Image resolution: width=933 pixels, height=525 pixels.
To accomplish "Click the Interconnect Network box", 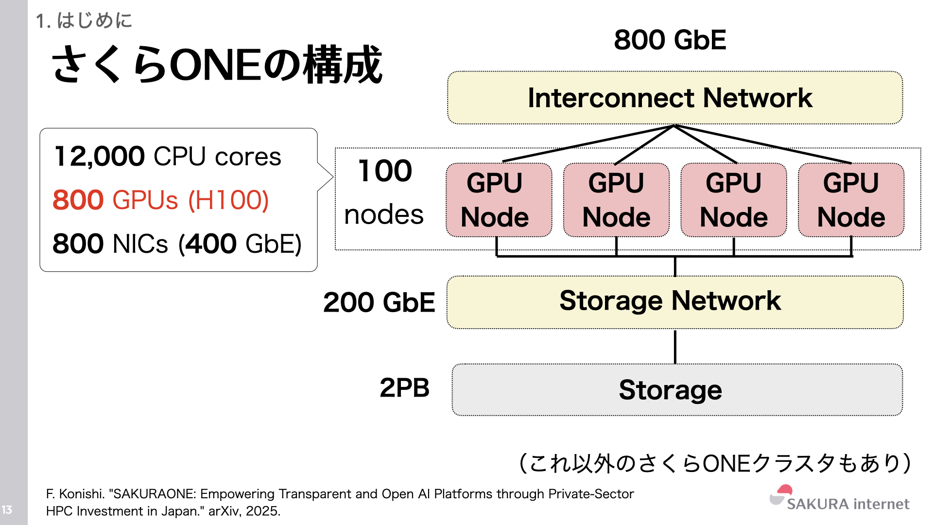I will coord(674,98).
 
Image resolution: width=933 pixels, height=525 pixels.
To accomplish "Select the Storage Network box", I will coord(674,302).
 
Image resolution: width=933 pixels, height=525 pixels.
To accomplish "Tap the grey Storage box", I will coord(676,390).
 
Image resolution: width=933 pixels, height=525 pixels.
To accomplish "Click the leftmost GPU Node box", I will coord(499,200).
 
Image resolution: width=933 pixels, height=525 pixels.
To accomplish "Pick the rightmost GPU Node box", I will coord(851,200).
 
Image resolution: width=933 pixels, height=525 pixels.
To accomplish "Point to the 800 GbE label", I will coord(670,40).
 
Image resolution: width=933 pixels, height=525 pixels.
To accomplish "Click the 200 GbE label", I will coord(379,302).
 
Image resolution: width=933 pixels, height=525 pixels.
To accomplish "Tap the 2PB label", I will coord(404,388).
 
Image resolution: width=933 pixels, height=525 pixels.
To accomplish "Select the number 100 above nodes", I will coord(385,171).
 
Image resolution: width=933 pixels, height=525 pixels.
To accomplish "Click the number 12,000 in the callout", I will coord(100,157).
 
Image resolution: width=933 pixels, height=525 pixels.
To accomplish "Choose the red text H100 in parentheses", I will coord(228,200).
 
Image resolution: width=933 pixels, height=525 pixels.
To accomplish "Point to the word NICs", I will coord(140,244).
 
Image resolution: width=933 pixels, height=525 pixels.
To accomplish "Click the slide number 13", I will coord(7,509).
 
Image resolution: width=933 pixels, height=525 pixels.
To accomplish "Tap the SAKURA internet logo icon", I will coord(781,495).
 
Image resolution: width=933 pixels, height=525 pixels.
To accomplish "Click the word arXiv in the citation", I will coord(223,511).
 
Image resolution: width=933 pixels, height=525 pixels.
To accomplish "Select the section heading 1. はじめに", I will coord(84,20).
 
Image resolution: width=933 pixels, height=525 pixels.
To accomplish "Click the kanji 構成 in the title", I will coord(343,65).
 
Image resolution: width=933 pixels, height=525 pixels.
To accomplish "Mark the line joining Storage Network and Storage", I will coord(675,346).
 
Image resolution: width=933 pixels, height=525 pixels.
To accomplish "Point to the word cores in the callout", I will coord(248,157).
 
